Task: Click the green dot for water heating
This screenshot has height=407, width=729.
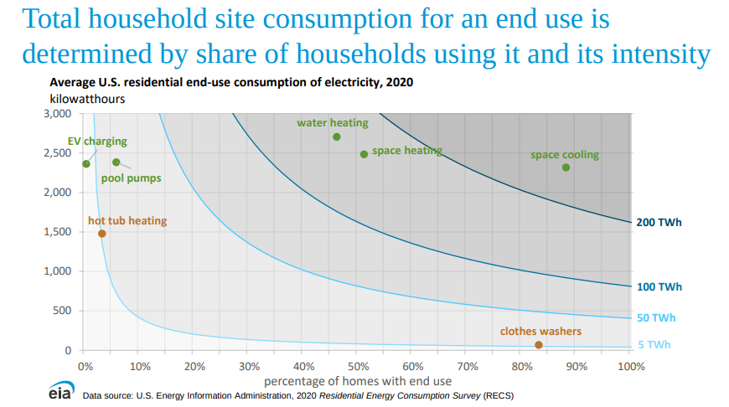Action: pos(337,137)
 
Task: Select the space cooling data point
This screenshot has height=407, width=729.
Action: pos(566,167)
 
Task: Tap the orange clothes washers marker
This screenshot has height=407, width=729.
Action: pos(539,345)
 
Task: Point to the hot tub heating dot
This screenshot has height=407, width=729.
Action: pos(102,234)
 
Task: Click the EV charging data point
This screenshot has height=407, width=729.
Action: pos(86,163)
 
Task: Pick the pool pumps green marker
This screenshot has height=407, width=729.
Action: pos(116,162)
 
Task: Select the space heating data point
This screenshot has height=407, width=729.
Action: pos(364,154)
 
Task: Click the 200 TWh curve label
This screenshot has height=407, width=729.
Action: pos(659,223)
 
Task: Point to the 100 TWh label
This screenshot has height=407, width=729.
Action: pos(659,287)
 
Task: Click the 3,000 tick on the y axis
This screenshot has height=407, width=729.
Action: pos(57,114)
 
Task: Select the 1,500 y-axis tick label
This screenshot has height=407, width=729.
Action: pos(57,232)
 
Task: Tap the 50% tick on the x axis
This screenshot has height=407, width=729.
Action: pos(358,366)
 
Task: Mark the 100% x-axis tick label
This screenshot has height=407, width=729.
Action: pos(629,366)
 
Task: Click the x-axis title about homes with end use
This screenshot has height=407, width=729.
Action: pos(358,381)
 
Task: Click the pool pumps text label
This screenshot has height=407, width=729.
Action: pos(132,178)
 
